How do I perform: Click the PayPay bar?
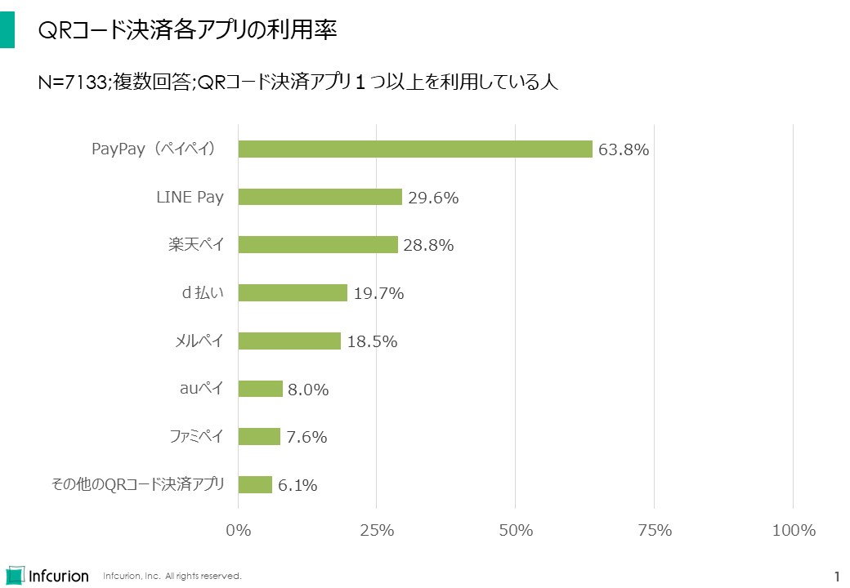pyautogui.click(x=415, y=149)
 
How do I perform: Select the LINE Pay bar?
pyautogui.click(x=320, y=197)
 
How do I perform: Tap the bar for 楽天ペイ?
pyautogui.click(x=318, y=244)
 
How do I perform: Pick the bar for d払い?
pyautogui.click(x=293, y=292)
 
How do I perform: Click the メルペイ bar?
pyautogui.click(x=289, y=341)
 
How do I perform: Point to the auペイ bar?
pyautogui.click(x=261, y=389)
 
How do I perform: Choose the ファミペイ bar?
pyautogui.click(x=259, y=436)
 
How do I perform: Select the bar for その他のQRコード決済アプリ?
pyautogui.click(x=255, y=484)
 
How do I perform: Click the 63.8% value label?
pyautogui.click(x=624, y=149)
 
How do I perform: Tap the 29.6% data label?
pyautogui.click(x=433, y=198)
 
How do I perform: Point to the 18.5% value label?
pyautogui.click(x=372, y=341)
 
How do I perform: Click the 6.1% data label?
pyautogui.click(x=297, y=485)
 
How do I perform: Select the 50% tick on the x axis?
pyautogui.click(x=516, y=530)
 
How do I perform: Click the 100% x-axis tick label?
pyautogui.click(x=794, y=530)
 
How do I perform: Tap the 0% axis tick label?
pyautogui.click(x=238, y=530)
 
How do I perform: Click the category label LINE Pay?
pyautogui.click(x=190, y=197)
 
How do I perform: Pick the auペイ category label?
pyautogui.click(x=201, y=389)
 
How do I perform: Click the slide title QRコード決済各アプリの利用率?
pyautogui.click(x=188, y=30)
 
